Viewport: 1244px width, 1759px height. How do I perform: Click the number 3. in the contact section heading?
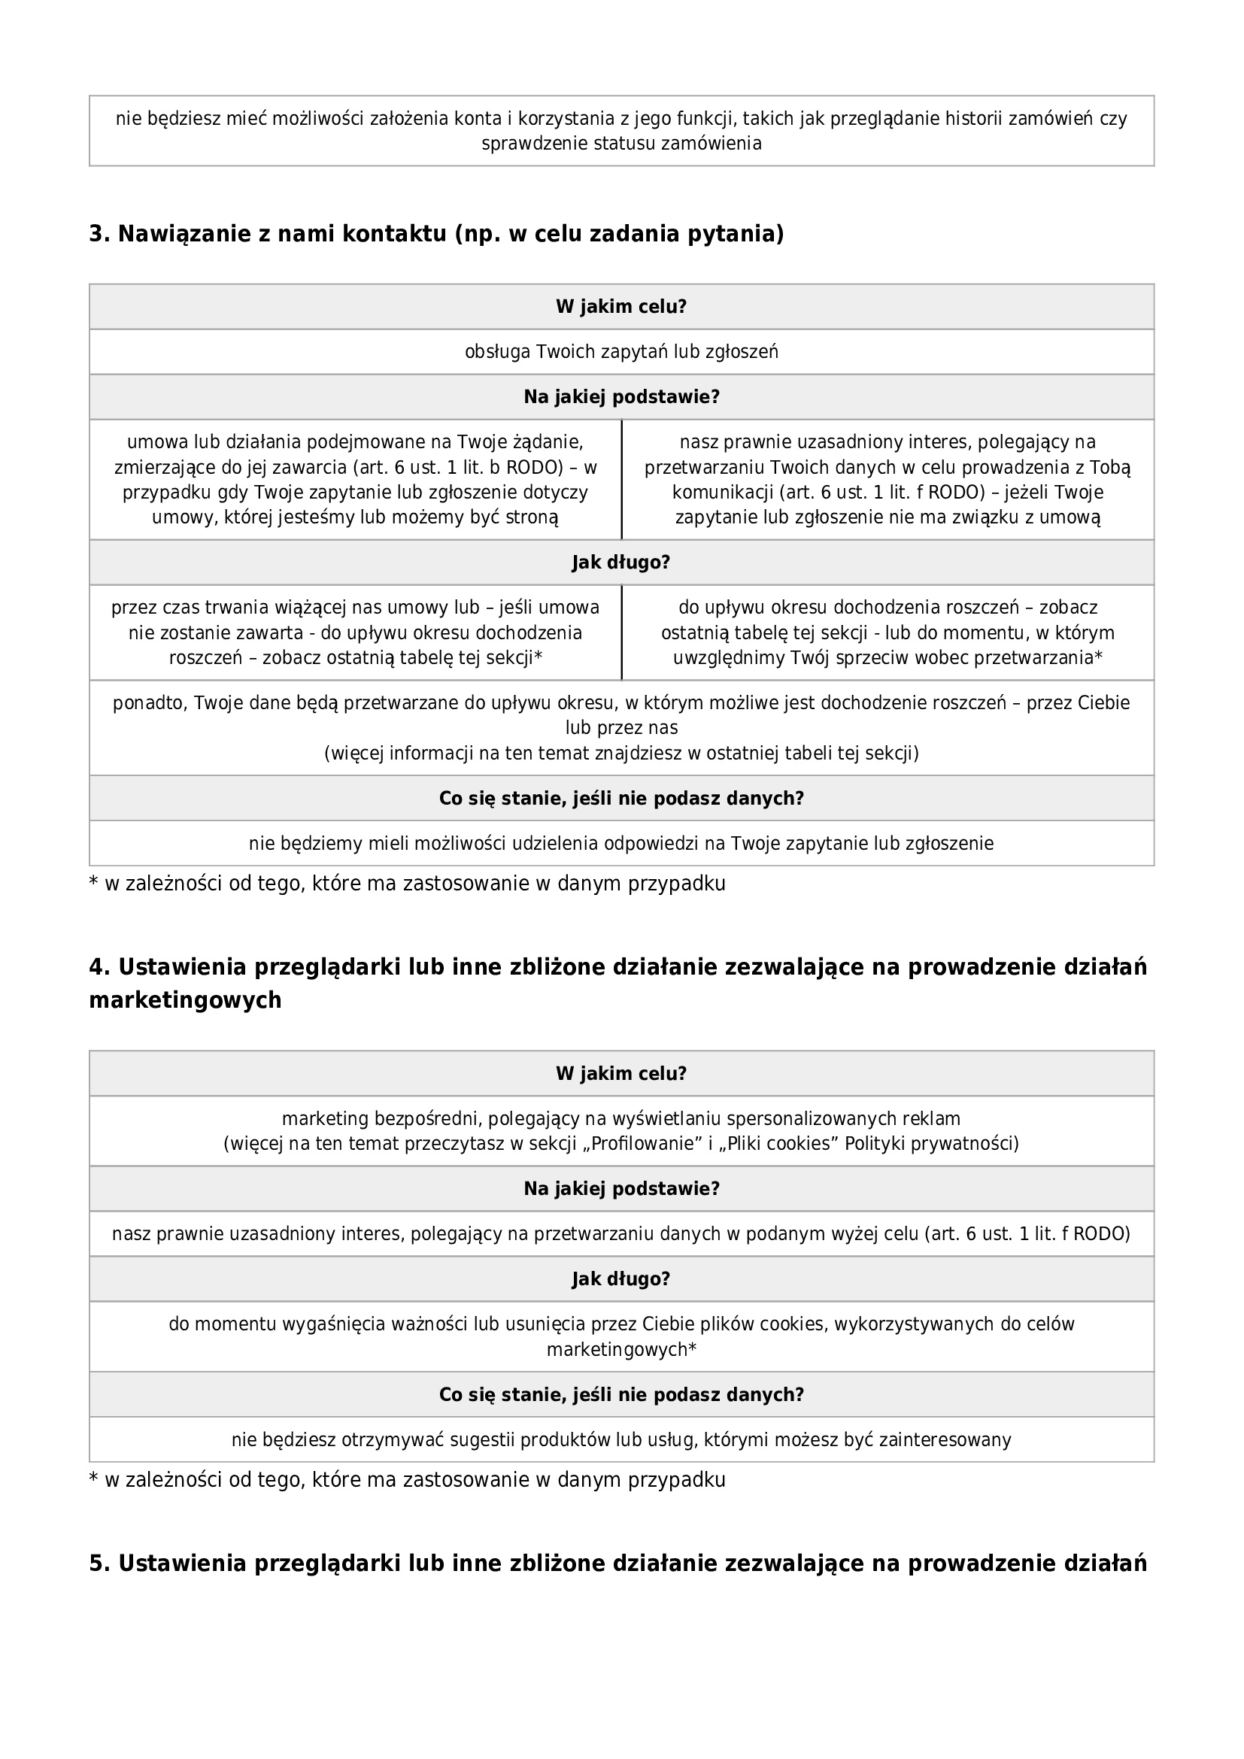tap(99, 234)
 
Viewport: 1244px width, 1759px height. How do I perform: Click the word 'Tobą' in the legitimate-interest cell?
tap(1112, 467)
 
